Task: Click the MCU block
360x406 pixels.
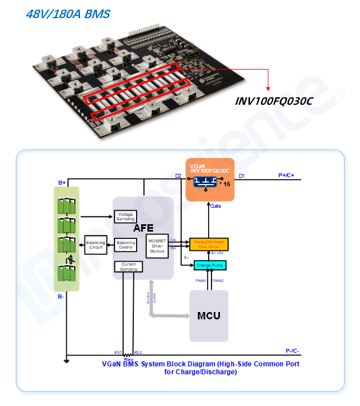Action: (x=209, y=315)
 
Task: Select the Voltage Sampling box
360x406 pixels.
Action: (x=126, y=216)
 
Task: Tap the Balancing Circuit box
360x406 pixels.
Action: (x=96, y=245)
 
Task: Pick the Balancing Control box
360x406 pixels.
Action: (x=126, y=245)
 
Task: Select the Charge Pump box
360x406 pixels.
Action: (x=210, y=264)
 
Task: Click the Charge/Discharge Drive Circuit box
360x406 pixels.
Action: (x=209, y=244)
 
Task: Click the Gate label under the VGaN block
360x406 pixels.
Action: (x=215, y=207)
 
